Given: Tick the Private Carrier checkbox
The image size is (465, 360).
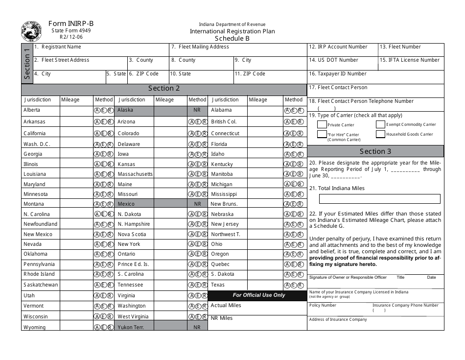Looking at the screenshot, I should click(322, 124).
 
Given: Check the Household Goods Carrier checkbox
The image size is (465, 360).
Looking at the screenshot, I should click(380, 134).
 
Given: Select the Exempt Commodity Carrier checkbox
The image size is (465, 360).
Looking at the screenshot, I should click(380, 124).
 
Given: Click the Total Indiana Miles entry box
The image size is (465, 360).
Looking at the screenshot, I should click(379, 199).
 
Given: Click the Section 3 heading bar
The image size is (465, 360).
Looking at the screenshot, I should click(375, 151).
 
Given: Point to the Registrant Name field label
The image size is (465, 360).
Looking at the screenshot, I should click(61, 47).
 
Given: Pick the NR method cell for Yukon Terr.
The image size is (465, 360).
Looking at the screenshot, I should click(197, 327).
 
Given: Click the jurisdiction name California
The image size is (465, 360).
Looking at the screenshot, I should click(35, 133).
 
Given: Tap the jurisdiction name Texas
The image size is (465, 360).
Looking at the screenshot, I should click(218, 285).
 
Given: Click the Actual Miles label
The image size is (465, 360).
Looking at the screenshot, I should click(226, 306).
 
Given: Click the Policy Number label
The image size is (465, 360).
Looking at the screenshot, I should click(323, 305).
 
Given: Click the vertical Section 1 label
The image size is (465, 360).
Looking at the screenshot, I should click(27, 63).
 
